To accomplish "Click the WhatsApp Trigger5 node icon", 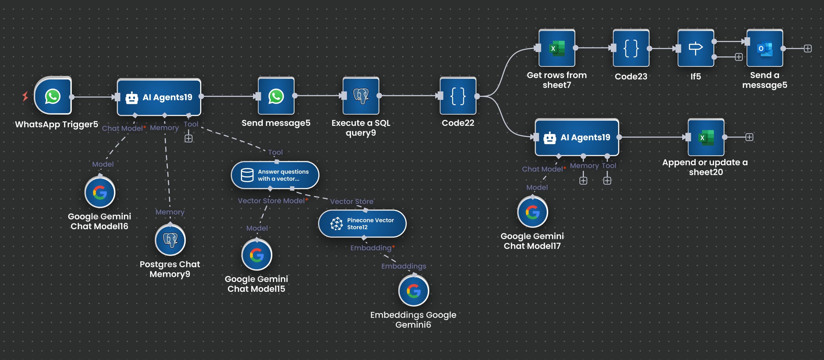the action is (53, 96).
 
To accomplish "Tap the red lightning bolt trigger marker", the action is (25, 96).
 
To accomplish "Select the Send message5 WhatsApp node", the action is (276, 96).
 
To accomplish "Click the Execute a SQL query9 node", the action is (361, 96).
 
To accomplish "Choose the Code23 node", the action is (631, 48).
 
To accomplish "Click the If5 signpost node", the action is (695, 48).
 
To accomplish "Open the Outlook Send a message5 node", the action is (765, 48).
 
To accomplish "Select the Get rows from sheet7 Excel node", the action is (557, 48).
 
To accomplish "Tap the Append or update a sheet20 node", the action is (706, 137).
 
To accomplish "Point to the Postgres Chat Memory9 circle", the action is (170, 240).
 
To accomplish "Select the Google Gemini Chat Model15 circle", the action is (257, 255).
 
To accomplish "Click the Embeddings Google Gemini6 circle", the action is (413, 291).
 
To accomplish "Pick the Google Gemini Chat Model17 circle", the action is (533, 212).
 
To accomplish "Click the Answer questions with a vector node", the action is (275, 175).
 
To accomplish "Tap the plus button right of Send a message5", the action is (808, 49).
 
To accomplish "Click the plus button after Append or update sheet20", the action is (749, 137).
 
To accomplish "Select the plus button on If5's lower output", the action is (739, 57).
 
